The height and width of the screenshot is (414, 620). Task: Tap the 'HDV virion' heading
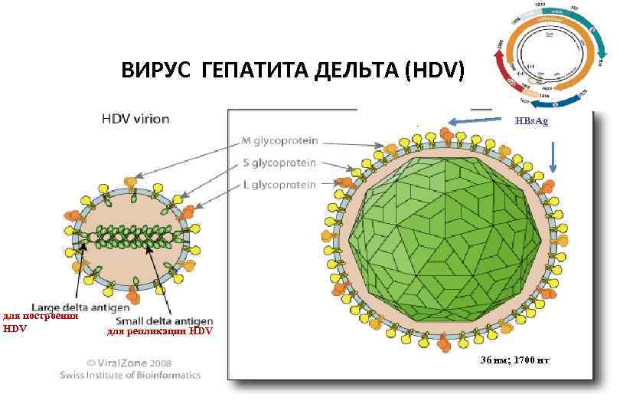coord(136,120)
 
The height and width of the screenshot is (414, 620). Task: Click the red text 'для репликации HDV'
coord(160,331)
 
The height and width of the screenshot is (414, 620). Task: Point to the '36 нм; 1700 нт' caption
coord(514,360)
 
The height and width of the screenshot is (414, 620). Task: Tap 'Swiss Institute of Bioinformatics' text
coord(130,375)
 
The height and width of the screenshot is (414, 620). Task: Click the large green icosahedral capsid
coord(443,237)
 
